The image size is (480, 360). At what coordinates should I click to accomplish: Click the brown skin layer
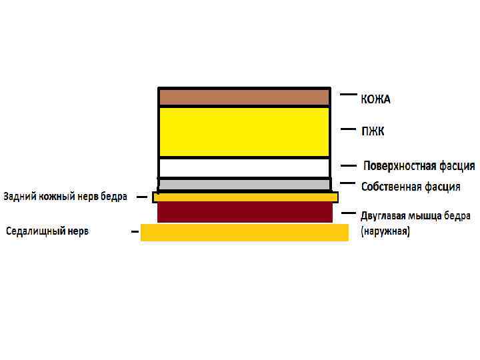(x=244, y=97)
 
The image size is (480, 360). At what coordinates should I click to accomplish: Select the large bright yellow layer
(x=244, y=132)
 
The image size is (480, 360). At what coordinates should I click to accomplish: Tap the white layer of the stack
(x=244, y=167)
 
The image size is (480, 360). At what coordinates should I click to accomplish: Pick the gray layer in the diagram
(x=244, y=184)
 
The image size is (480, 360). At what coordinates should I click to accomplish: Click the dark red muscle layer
(x=244, y=212)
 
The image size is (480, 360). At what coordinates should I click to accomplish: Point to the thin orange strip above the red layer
(x=244, y=197)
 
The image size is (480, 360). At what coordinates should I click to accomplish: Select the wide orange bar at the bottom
(x=244, y=232)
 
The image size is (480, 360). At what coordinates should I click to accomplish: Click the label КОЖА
(x=376, y=99)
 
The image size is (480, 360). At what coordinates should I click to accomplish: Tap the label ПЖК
(x=373, y=131)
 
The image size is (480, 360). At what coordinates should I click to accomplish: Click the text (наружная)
(x=385, y=232)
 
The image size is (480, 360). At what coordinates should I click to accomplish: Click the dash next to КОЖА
(x=348, y=95)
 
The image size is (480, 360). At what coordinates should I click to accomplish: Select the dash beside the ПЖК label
(x=347, y=129)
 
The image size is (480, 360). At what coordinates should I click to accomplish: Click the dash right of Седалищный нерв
(x=135, y=232)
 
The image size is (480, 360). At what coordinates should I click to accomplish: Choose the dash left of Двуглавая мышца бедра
(x=347, y=213)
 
